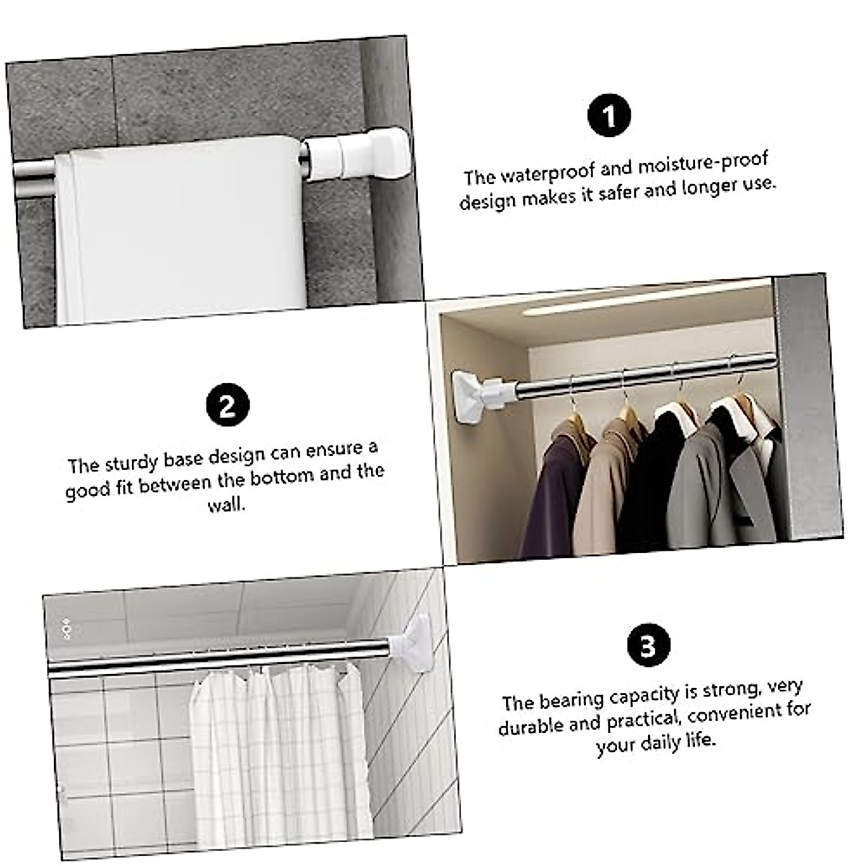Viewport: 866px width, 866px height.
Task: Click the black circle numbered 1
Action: (x=609, y=115)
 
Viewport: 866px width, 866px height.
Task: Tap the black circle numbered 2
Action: (x=228, y=405)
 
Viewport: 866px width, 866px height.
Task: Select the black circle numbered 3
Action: (x=648, y=644)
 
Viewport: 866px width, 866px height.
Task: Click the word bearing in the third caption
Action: (x=572, y=699)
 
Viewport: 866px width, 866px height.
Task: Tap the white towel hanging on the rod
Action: (x=180, y=231)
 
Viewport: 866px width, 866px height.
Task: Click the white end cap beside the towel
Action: (x=364, y=153)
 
